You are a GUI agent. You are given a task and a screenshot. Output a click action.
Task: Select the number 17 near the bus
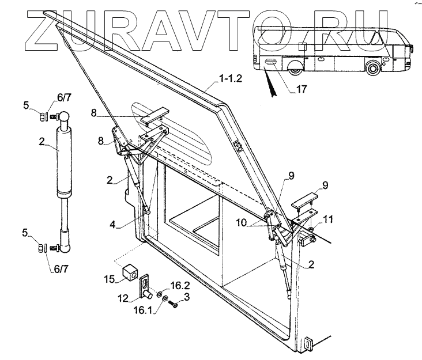click(x=302, y=89)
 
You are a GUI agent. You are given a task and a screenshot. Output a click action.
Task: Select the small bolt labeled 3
click(x=175, y=304)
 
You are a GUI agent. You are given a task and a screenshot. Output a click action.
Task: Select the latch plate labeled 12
click(x=144, y=285)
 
